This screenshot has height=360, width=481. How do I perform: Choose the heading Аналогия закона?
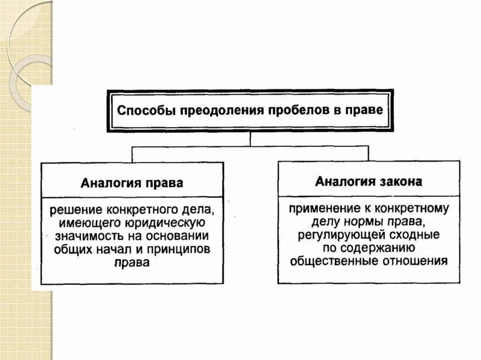(x=369, y=181)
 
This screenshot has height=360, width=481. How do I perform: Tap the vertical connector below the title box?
(x=250, y=139)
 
